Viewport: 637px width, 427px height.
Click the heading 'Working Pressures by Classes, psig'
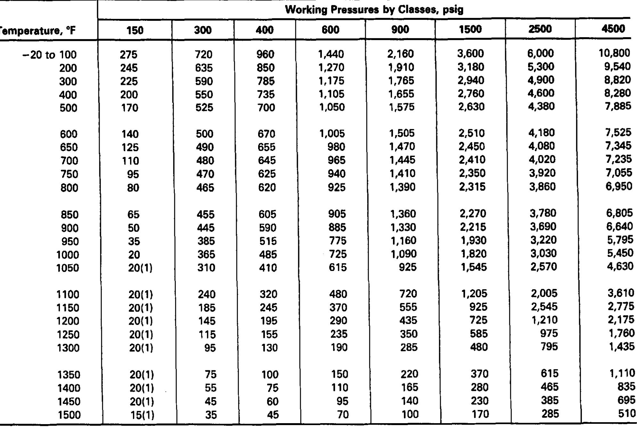[374, 10]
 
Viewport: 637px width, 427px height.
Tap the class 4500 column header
[613, 29]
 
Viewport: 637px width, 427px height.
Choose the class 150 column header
[135, 30]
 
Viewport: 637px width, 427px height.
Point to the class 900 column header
[400, 30]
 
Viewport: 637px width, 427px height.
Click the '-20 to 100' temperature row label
[50, 55]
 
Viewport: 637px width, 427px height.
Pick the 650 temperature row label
[69, 147]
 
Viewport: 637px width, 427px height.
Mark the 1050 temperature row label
[68, 268]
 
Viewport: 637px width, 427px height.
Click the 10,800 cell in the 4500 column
[614, 53]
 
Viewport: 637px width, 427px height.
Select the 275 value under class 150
[128, 55]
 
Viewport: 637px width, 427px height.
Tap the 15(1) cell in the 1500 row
[142, 415]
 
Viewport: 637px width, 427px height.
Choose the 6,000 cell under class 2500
[540, 53]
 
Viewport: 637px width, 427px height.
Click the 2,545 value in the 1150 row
[544, 307]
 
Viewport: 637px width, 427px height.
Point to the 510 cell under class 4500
[627, 414]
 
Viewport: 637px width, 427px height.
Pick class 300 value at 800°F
[205, 187]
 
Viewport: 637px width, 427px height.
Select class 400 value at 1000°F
[268, 255]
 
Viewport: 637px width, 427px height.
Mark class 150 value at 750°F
[133, 174]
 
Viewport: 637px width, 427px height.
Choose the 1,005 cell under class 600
[332, 134]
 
